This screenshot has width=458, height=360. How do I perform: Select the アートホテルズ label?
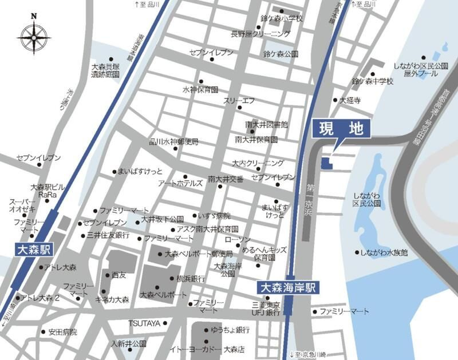(x=180, y=183)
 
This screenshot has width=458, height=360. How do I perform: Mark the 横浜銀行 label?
(x=191, y=279)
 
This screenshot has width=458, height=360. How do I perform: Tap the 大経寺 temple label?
(x=350, y=100)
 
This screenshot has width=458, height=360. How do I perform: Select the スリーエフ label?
(x=239, y=100)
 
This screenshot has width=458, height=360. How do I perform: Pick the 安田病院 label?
(x=62, y=331)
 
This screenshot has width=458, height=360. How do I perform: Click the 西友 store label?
(x=119, y=275)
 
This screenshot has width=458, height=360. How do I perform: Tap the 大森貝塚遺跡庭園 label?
(x=105, y=70)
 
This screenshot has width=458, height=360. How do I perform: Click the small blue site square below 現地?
(x=326, y=164)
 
